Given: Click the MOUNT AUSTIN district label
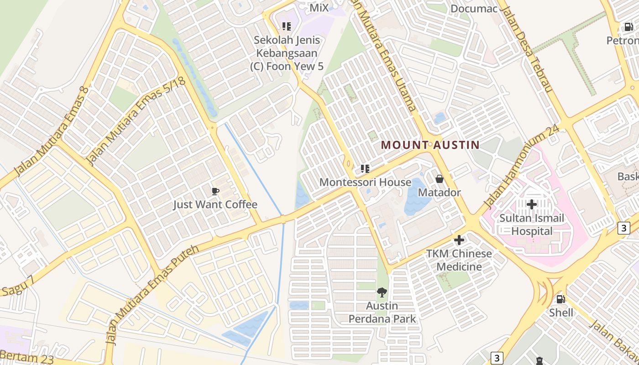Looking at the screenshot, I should pyautogui.click(x=430, y=145).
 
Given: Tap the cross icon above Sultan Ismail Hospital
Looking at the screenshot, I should pyautogui.click(x=532, y=204).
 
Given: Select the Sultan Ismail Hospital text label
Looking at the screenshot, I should pyautogui.click(x=532, y=224).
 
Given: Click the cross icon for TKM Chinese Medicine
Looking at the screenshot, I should pyautogui.click(x=459, y=240).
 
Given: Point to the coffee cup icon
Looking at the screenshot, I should pyautogui.click(x=215, y=191).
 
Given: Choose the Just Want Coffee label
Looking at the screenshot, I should pyautogui.click(x=215, y=204).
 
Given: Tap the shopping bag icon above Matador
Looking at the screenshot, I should pyautogui.click(x=439, y=179).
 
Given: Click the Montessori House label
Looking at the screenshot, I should pyautogui.click(x=365, y=182).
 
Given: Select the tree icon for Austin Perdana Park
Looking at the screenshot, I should pyautogui.click(x=382, y=292).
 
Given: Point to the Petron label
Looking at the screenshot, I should pyautogui.click(x=623, y=41).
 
